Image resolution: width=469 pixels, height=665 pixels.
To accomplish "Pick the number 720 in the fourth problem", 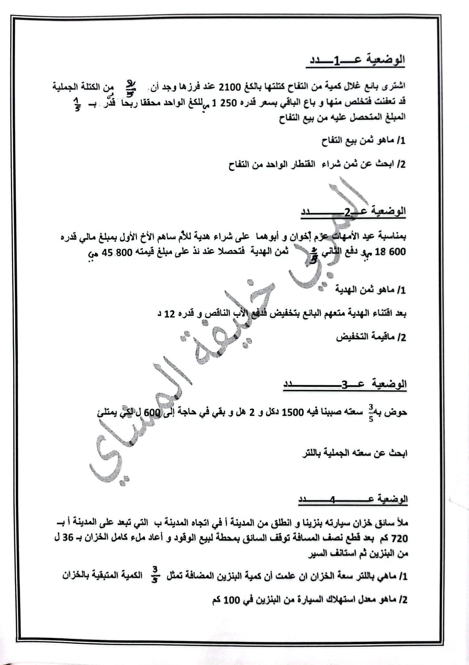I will pos(400,539).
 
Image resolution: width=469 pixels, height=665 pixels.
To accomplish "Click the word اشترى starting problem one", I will pos(395,86).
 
